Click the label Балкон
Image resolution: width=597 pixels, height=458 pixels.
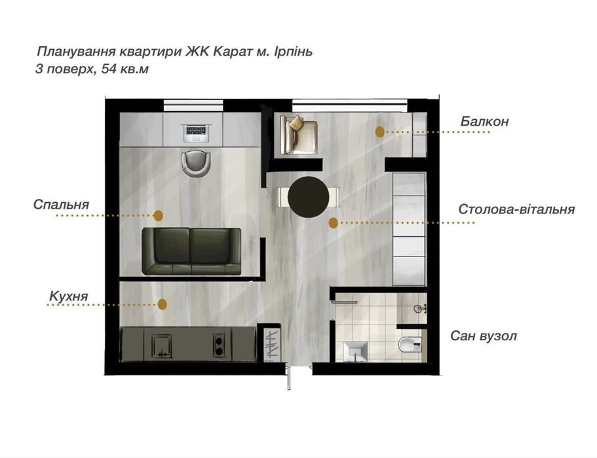(x=484, y=121)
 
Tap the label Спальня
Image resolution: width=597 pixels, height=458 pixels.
(x=61, y=205)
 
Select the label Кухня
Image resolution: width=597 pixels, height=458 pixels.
(x=69, y=296)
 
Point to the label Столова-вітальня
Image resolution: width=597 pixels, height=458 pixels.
(x=516, y=209)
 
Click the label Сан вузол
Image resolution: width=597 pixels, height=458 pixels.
(x=484, y=336)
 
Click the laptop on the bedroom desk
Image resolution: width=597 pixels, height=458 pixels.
(x=197, y=133)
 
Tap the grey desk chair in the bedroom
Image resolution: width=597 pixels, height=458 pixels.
(x=196, y=164)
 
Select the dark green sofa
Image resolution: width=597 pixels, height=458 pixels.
(x=191, y=251)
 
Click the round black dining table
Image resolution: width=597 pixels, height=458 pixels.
(x=309, y=196)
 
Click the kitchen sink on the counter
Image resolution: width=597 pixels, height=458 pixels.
(x=161, y=346)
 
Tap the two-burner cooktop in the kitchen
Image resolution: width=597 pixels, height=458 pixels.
(x=219, y=345)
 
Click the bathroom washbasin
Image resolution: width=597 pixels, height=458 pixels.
(x=355, y=351)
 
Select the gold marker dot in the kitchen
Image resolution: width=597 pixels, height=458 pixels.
(x=163, y=304)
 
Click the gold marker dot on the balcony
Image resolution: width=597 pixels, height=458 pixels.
(x=379, y=132)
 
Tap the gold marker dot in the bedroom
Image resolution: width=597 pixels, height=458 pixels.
(x=158, y=215)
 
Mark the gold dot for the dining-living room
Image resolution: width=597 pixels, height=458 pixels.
(x=333, y=222)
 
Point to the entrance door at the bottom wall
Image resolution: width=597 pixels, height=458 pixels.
(x=288, y=377)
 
